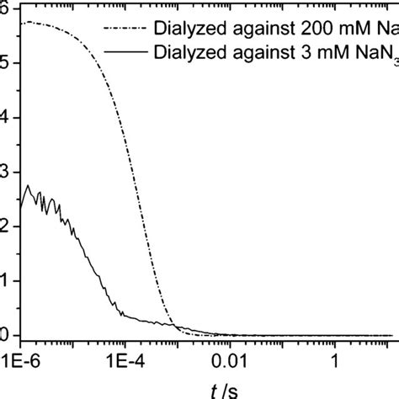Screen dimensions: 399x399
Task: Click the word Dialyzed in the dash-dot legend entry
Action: click(209, 27)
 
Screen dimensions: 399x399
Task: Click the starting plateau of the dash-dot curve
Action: click(34, 23)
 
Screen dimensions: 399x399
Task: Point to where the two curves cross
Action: click(173, 324)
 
